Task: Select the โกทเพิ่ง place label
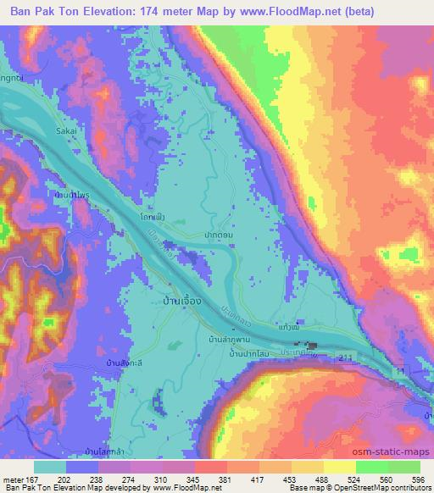[152, 218]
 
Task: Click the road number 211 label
[342, 360]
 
